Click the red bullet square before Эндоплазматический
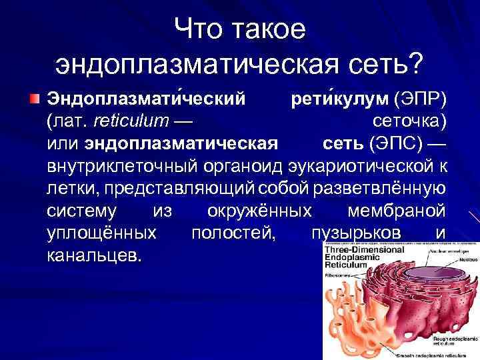click(34, 99)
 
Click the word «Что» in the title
click(198, 28)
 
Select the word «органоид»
click(253, 166)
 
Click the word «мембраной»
click(397, 211)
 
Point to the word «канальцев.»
click(94, 255)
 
